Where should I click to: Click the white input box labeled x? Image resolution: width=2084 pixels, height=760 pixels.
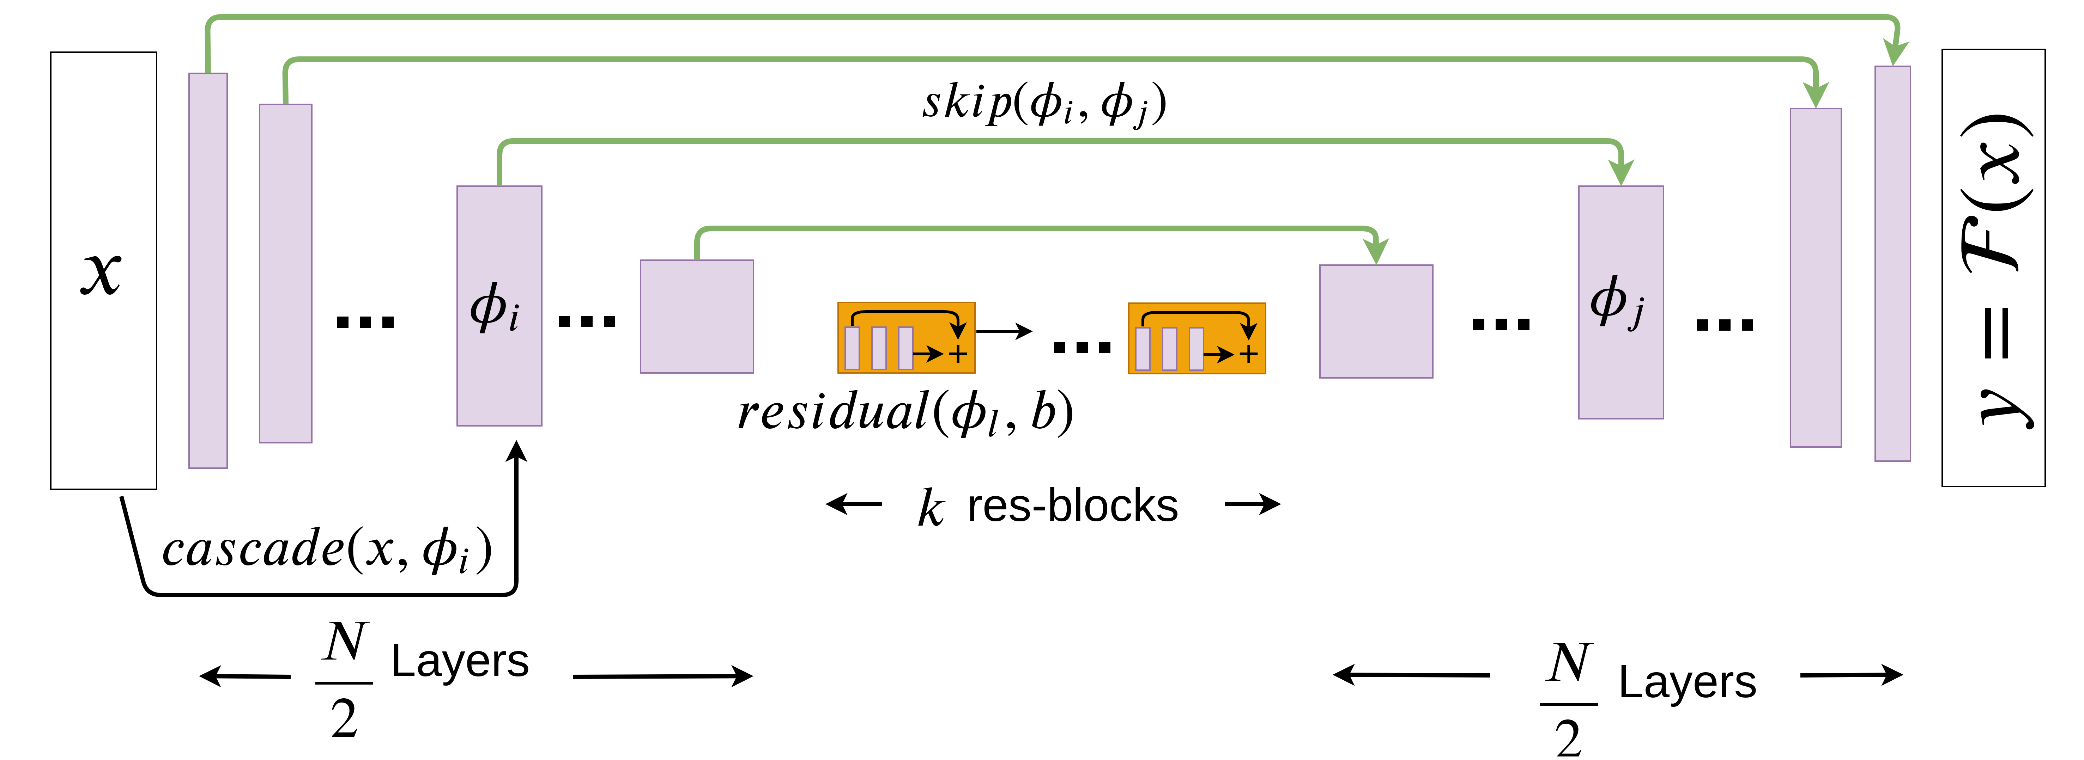(x=104, y=271)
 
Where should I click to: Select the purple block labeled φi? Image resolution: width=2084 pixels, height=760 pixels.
(x=499, y=306)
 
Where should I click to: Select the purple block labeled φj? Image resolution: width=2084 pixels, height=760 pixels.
(x=1620, y=302)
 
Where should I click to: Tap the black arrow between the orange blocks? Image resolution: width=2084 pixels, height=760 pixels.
(x=1005, y=331)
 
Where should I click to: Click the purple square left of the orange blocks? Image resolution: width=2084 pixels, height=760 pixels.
(x=697, y=316)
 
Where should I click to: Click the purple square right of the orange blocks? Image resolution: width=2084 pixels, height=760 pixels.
(x=1375, y=321)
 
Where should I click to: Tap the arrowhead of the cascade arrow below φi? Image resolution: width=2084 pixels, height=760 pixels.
(x=516, y=451)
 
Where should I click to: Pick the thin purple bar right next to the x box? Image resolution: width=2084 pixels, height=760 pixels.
(x=208, y=271)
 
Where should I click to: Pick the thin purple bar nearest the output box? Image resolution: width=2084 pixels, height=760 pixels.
(x=1892, y=264)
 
